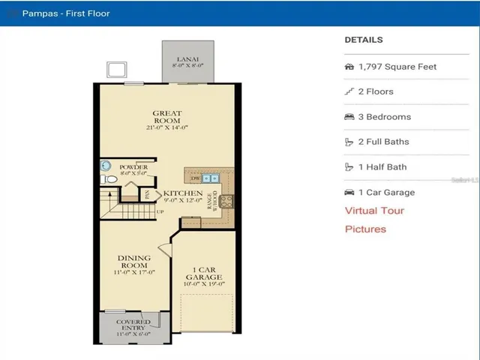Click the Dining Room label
click(x=134, y=262)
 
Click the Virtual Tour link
click(x=374, y=211)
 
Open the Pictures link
click(x=365, y=229)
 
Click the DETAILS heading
click(x=364, y=40)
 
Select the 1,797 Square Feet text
click(x=397, y=67)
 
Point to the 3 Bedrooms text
click(x=386, y=117)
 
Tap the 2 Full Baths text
click(x=384, y=142)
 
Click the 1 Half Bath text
click(x=382, y=167)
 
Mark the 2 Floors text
click(x=376, y=91)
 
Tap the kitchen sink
click(x=209, y=179)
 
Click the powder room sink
click(x=106, y=166)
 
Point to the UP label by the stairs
click(x=160, y=212)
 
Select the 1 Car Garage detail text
click(x=386, y=192)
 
